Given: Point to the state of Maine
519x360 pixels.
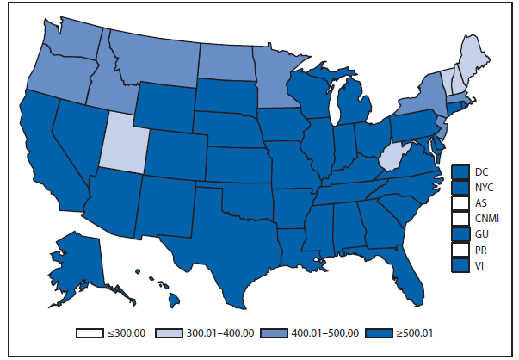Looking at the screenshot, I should click(472, 65).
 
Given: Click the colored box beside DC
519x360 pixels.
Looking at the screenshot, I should click(460, 171).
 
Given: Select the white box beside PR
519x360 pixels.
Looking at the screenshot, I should click(460, 250).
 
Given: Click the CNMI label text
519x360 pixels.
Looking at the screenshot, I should click(487, 218).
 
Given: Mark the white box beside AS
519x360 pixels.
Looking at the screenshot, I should click(460, 202).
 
